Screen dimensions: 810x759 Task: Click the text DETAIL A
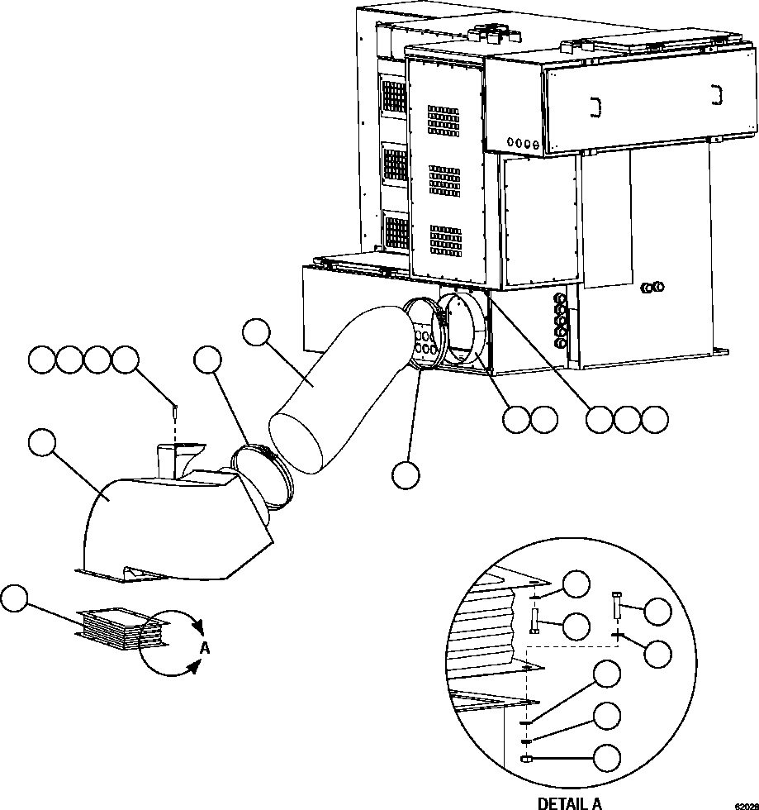570,802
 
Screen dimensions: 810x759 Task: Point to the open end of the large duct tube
296,441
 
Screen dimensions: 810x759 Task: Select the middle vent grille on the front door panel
445,180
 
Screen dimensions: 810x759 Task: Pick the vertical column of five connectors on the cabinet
562,317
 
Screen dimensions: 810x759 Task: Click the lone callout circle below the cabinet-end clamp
406,474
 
